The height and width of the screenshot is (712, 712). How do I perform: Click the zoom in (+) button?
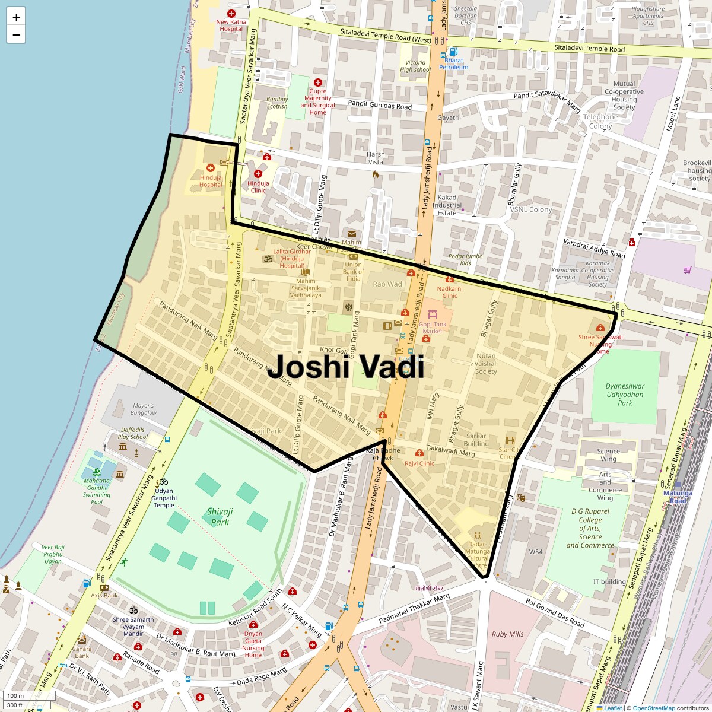16,17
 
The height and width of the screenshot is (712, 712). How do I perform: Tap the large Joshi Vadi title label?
345,367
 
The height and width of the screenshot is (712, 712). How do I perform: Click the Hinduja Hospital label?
211,181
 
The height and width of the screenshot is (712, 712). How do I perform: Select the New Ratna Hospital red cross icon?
231,13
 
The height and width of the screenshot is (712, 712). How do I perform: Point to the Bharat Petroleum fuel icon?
454,52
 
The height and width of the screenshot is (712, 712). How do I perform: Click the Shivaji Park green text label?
220,517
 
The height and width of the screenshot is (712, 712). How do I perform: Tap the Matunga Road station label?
678,497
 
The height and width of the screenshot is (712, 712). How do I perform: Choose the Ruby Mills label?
507,634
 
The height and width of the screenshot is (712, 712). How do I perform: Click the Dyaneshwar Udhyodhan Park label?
625,394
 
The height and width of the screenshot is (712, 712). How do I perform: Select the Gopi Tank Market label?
433,328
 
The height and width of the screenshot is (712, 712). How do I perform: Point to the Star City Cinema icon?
510,440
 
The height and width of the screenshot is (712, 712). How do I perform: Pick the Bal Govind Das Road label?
555,613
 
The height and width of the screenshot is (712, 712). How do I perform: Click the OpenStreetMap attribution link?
653,708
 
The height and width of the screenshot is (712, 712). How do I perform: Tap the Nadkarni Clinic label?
450,292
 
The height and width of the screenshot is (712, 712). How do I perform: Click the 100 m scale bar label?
15,696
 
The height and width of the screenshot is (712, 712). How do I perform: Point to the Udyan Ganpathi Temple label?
164,498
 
